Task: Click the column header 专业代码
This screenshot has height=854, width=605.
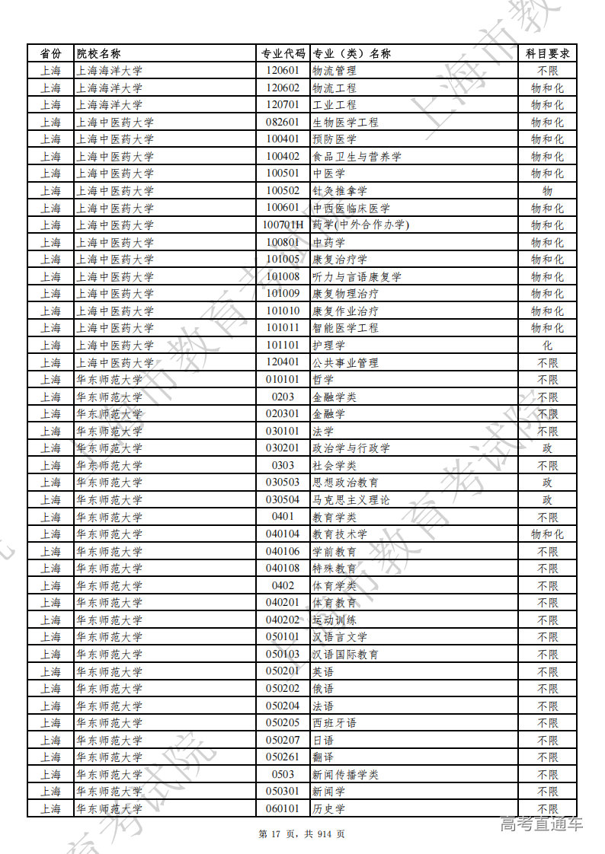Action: [283, 53]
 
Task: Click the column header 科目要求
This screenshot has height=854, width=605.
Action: [547, 53]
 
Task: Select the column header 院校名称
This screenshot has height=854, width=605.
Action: [98, 53]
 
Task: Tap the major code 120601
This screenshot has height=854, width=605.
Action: [283, 71]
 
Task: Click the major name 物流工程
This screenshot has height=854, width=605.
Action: [334, 88]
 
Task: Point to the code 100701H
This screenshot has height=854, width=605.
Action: [283, 225]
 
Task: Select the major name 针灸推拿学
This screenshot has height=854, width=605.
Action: [339, 191]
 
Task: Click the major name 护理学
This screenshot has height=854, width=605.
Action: [328, 346]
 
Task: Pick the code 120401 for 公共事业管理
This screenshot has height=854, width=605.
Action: [283, 362]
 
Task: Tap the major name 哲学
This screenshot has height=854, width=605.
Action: [323, 380]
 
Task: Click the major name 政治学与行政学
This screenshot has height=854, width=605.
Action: [351, 448]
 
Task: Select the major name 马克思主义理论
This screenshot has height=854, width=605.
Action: [351, 500]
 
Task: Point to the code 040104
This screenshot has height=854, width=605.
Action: [283, 534]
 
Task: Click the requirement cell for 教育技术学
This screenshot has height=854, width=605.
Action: [547, 534]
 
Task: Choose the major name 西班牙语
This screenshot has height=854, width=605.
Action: [334, 723]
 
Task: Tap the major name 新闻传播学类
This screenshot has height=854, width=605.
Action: [345, 775]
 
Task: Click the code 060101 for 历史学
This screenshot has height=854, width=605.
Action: [283, 809]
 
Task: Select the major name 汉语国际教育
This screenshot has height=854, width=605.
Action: [345, 655]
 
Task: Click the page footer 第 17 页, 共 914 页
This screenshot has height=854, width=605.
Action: [302, 834]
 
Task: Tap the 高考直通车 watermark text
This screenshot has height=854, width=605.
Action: [541, 824]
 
